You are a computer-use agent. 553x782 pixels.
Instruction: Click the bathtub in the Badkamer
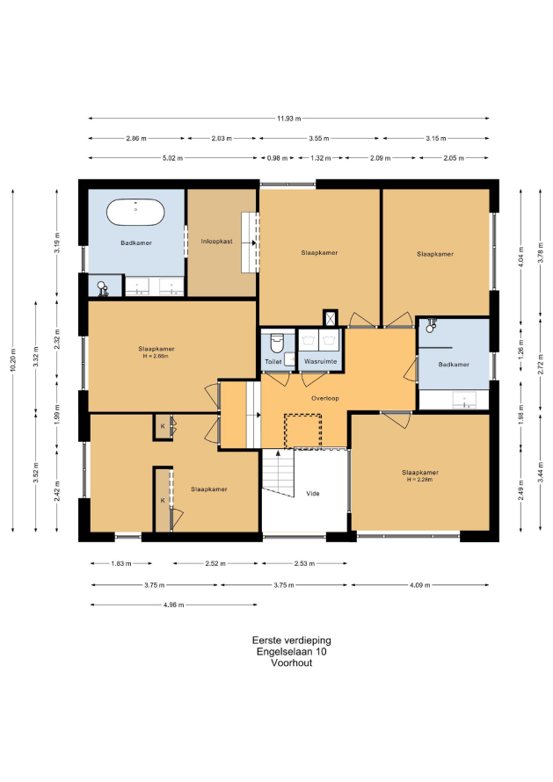[135, 212]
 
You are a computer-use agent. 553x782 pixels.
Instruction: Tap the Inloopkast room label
[216, 242]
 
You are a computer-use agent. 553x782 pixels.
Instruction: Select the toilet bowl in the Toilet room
[276, 343]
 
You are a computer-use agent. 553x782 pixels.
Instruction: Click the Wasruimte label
[320, 361]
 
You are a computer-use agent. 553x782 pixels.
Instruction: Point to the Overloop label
[325, 398]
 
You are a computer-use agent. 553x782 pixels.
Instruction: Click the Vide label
[312, 493]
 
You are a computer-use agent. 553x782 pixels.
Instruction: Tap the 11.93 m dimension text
[289, 119]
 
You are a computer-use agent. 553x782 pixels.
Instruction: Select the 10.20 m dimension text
[13, 359]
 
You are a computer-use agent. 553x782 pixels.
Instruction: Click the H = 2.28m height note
[419, 479]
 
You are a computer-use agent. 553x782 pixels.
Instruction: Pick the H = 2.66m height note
[156, 356]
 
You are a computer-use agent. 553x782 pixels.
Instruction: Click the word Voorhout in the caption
[292, 663]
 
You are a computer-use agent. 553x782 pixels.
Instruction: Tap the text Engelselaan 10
[292, 651]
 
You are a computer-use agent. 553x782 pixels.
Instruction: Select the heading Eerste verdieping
[292, 641]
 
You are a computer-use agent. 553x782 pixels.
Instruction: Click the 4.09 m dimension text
[419, 584]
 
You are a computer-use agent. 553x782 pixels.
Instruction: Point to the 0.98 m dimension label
[278, 158]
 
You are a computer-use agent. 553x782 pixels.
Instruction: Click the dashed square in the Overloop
[303, 431]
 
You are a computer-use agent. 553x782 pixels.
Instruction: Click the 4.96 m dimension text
[174, 605]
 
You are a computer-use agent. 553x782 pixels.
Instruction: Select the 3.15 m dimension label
[436, 138]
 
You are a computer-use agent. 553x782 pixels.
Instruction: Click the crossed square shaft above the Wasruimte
[330, 318]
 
